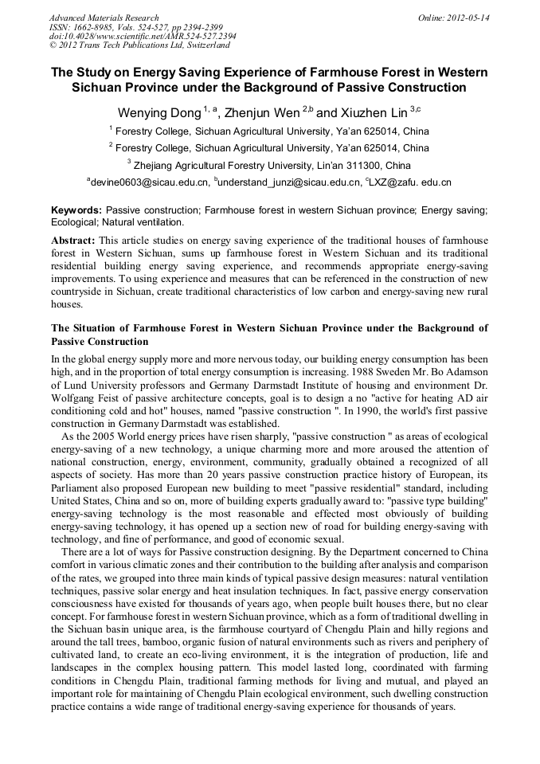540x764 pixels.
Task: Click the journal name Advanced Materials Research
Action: tap(104, 18)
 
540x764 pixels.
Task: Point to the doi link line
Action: tap(143, 37)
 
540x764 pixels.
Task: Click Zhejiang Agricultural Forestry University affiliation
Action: tap(272, 166)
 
